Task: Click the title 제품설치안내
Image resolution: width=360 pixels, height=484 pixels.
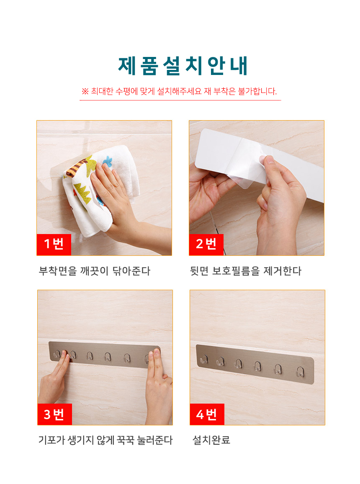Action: (183, 66)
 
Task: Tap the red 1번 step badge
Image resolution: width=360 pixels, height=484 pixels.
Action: (54, 245)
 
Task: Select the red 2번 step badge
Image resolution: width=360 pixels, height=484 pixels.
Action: (206, 245)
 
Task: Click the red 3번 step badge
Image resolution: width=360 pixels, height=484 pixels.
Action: (54, 414)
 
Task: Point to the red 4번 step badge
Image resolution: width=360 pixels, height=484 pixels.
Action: (207, 414)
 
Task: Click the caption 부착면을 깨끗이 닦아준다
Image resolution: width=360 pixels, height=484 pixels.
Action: (95, 271)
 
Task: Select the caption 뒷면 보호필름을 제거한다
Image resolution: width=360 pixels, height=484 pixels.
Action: (246, 271)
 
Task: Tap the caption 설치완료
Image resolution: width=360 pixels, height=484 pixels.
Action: (211, 440)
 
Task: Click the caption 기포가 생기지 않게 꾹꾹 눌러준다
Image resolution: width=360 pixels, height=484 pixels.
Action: (105, 440)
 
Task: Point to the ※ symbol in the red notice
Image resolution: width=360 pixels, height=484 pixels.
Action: (85, 91)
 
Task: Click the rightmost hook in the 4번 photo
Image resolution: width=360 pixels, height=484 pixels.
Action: (300, 371)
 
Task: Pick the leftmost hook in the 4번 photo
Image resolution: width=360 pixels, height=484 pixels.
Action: (204, 359)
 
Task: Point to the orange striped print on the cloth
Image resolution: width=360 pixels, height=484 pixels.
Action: (76, 169)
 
